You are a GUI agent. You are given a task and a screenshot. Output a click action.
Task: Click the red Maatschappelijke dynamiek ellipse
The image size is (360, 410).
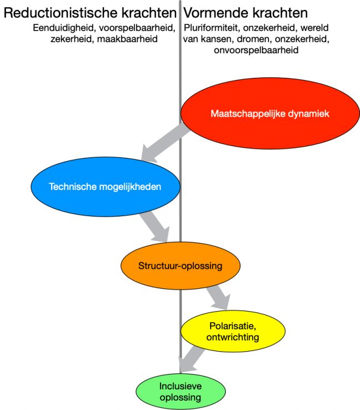click(270, 113)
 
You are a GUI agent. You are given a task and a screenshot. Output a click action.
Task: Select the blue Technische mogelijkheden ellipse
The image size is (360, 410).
click(106, 187)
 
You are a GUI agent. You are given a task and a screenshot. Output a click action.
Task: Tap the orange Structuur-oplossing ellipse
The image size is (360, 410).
click(181, 266)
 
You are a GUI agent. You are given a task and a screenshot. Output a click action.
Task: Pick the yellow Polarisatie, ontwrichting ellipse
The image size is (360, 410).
click(233, 331)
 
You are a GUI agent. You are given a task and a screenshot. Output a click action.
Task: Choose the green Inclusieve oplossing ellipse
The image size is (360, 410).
click(181, 392)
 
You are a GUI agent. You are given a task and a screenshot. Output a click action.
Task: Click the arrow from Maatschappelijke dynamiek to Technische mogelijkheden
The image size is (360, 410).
click(164, 143)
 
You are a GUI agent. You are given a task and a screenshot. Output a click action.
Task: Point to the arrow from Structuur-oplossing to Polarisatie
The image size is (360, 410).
click(218, 298)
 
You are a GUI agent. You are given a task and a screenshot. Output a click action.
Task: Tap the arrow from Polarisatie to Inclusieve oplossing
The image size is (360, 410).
click(192, 359)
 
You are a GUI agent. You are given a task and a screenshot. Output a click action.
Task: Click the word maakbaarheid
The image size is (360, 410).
click(127, 39)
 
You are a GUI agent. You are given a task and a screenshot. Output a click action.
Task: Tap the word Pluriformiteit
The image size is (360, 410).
click(213, 28)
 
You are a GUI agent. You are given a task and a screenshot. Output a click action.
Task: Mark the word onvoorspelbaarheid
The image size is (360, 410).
click(256, 50)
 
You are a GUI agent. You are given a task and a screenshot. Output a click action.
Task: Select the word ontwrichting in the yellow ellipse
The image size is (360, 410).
click(233, 337)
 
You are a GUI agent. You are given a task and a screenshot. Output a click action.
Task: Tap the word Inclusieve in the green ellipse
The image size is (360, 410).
click(181, 386)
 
